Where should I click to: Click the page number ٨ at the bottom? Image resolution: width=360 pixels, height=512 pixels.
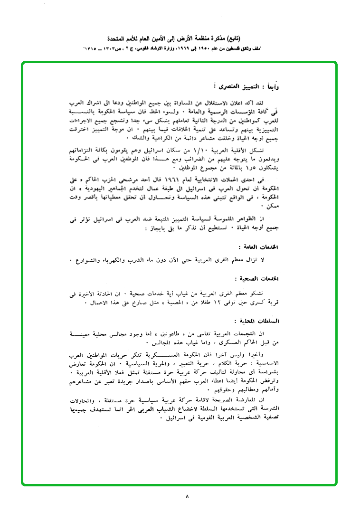tap(187, 496)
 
